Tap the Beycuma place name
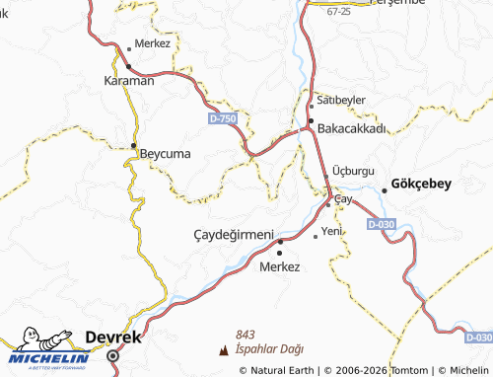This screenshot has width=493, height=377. pos(165,154)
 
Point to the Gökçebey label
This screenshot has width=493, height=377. pos(421,184)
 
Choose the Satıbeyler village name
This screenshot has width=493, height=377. pos(337,101)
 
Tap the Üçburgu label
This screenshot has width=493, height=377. pos(353,170)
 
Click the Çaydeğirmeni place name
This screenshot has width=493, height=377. pos(233,234)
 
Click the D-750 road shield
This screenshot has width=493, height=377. pos(223,118)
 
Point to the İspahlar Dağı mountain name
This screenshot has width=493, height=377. pos(269,349)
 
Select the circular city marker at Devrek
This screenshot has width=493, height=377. pos(112,355)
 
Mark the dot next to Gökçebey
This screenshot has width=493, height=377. pos(385,190)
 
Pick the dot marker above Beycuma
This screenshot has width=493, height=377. pos(134,146)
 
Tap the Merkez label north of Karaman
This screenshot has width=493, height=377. pos(153,44)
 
